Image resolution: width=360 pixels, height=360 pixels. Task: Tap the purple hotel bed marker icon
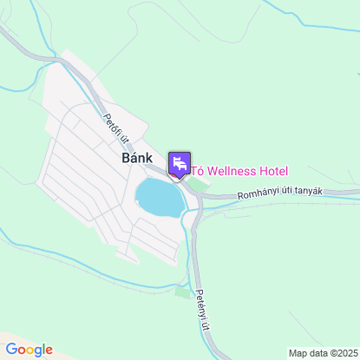tap(180, 163)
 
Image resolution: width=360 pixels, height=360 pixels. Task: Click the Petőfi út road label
tap(115, 127)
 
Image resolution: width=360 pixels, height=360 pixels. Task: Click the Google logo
tap(29, 350)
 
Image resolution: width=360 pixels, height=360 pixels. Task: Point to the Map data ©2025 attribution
tap(322, 353)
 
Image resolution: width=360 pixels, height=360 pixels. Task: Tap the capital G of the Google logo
tap(10, 350)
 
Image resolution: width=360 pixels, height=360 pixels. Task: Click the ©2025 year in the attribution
tap(340, 353)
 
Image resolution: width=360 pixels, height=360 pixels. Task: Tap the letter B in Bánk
tap(115, 160)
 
